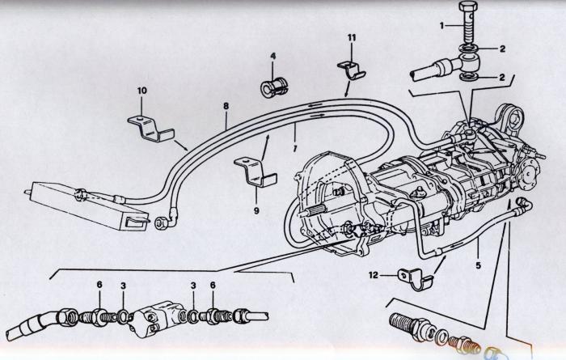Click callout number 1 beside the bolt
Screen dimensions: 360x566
coord(442,25)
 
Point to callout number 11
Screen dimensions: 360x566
coord(352,37)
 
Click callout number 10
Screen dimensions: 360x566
coord(141,90)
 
